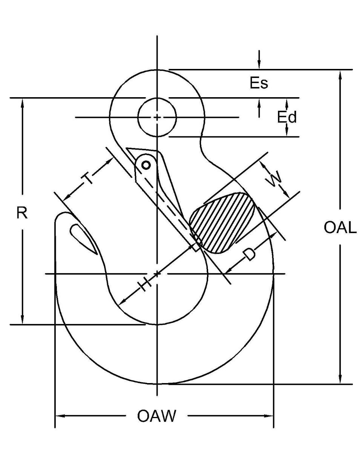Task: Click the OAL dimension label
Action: click(340, 228)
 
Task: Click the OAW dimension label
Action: click(156, 416)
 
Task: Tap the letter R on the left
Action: click(22, 213)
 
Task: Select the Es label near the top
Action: click(259, 84)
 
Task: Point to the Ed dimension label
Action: click(287, 118)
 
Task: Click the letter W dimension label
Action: click(275, 180)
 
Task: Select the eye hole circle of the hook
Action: click(157, 117)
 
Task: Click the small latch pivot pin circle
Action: click(146, 165)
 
